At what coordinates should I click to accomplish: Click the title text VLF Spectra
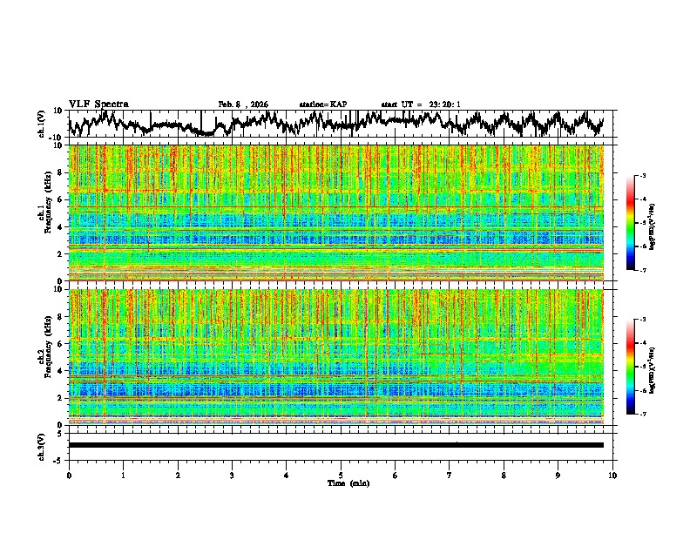click(x=98, y=104)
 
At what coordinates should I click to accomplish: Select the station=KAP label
click(x=322, y=105)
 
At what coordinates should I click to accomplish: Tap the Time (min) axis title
click(x=348, y=482)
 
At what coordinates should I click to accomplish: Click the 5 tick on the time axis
click(x=341, y=475)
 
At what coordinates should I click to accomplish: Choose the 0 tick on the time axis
click(x=69, y=475)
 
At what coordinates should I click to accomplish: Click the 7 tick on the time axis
click(x=450, y=475)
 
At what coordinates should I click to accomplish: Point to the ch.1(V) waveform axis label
click(x=42, y=124)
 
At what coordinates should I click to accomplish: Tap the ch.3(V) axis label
click(x=42, y=444)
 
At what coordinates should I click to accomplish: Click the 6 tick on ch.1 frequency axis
click(x=63, y=199)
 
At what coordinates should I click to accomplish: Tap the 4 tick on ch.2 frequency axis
click(x=63, y=370)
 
